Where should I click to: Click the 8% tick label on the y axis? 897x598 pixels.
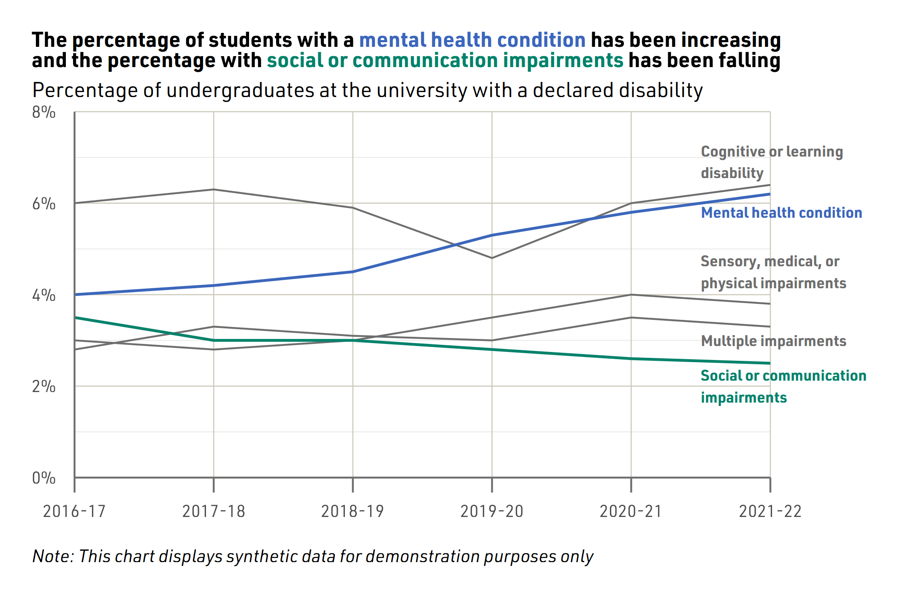click(43, 113)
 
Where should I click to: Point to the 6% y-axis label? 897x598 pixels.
click(43, 204)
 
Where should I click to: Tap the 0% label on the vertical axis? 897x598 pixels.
click(43, 478)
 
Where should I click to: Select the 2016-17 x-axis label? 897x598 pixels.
click(74, 511)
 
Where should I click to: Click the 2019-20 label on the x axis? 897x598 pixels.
click(492, 511)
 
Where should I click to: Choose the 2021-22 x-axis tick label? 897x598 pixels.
click(770, 511)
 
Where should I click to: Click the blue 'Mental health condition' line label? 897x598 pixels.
click(781, 213)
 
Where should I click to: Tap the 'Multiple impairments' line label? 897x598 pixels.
click(773, 341)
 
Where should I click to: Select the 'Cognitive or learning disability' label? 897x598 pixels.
click(772, 162)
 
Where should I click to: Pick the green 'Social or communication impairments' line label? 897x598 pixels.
click(783, 386)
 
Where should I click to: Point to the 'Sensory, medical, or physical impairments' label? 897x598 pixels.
click(773, 272)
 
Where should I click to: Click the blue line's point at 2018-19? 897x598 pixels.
click(353, 272)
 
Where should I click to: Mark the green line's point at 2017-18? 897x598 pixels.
click(214, 340)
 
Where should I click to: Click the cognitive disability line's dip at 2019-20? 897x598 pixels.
click(492, 258)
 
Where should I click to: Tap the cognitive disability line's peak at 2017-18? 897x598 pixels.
click(214, 189)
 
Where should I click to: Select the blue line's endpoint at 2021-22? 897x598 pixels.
click(770, 194)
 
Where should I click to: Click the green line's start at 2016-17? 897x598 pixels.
click(75, 317)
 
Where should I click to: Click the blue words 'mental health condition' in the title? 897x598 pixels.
click(472, 40)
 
